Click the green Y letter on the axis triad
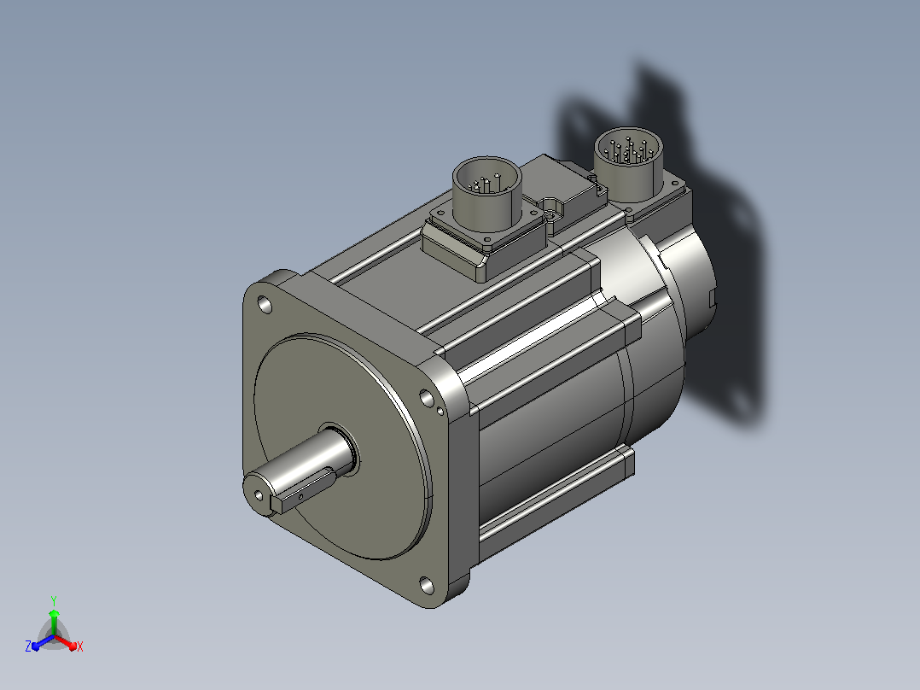(54, 601)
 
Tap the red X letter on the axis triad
(80, 646)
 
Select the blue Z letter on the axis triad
(28, 646)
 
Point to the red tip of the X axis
(73, 646)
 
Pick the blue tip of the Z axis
(36, 646)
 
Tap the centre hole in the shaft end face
(259, 495)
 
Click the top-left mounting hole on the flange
(265, 305)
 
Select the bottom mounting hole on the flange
(427, 586)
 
